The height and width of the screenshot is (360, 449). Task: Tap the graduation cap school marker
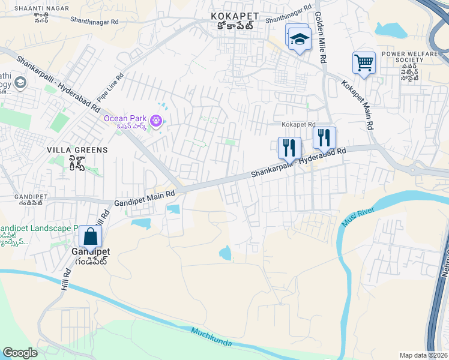(298, 39)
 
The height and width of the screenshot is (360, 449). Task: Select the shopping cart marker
(364, 62)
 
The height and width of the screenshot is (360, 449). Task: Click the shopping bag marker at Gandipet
(90, 237)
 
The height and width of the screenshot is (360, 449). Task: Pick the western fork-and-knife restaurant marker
(289, 147)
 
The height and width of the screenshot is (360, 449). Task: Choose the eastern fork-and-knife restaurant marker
(324, 137)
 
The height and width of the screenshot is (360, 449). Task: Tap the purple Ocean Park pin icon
(157, 121)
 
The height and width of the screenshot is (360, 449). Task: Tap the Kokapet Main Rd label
(358, 106)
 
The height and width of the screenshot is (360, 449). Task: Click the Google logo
(20, 352)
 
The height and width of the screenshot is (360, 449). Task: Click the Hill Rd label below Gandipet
(64, 280)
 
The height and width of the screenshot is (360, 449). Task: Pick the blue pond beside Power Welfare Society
(391, 29)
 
